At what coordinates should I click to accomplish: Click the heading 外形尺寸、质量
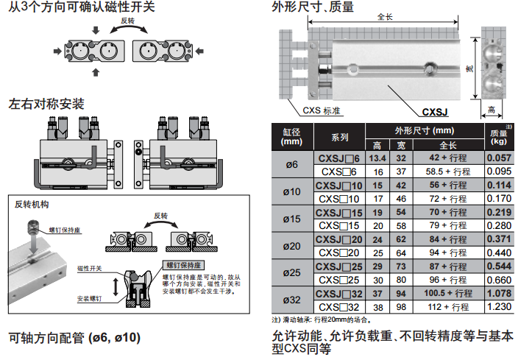point(313,9)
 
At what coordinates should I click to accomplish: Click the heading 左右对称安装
point(46,105)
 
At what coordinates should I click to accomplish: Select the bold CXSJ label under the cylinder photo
point(436,113)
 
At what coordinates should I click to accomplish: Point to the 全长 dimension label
point(384,16)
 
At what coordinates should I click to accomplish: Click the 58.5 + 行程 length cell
point(447,171)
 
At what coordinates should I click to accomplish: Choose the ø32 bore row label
point(292,300)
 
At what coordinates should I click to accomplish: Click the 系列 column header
point(340,138)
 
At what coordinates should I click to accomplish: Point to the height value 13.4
point(377,158)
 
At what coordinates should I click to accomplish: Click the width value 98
point(401,307)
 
